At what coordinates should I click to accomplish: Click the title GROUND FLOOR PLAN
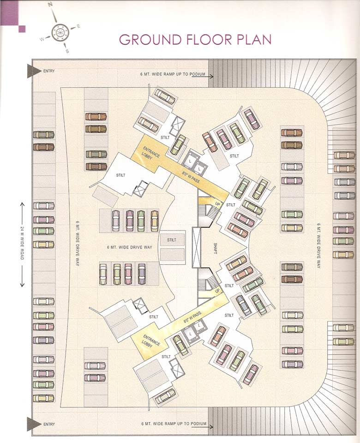tap(195, 39)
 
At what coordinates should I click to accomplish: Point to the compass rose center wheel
tap(59, 32)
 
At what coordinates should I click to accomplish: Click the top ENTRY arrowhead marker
tap(34, 71)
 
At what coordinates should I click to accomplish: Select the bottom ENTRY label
tap(48, 424)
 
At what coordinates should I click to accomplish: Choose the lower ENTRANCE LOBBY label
tap(151, 342)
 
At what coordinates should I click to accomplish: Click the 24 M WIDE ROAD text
tap(22, 244)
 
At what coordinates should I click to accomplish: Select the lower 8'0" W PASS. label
tap(192, 317)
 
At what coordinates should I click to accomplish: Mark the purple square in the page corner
tap(22, 29)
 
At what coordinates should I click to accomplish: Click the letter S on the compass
tap(67, 51)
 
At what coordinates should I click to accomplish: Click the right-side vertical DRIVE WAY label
tap(318, 245)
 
